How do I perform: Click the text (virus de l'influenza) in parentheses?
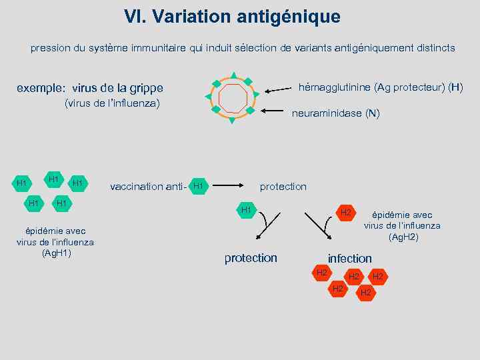pos(112,103)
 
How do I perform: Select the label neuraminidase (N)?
pos(336,113)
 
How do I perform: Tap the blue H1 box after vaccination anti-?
pos(198,186)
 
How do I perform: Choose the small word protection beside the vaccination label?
pos(283,187)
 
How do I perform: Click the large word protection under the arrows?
pos(251,258)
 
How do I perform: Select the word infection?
pos(350,258)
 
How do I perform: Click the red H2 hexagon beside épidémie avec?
pos(345,213)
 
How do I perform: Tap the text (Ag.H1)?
pos(57,253)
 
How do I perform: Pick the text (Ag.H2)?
pos(403,237)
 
